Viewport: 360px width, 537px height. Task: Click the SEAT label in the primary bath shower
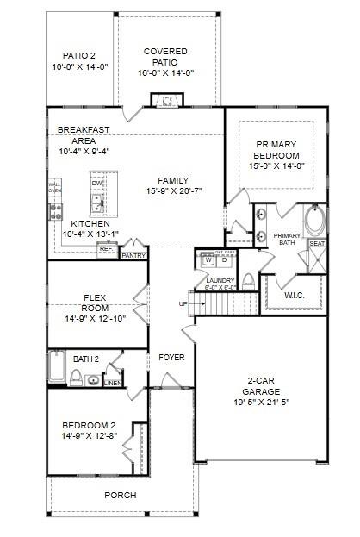tap(316, 244)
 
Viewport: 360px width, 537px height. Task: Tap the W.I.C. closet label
tap(295, 295)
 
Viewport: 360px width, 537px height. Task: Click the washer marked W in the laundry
tap(208, 259)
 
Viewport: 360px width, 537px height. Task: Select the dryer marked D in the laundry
tap(224, 259)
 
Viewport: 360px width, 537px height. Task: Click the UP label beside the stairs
tap(183, 304)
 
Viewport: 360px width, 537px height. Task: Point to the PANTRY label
tap(133, 256)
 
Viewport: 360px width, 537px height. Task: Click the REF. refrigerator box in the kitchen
tap(106, 249)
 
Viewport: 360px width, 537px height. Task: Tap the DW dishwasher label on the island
tap(97, 183)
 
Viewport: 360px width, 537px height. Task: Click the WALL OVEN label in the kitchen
tap(54, 188)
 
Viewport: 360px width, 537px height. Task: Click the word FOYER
tap(171, 356)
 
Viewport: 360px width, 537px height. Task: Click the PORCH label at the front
tap(120, 495)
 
